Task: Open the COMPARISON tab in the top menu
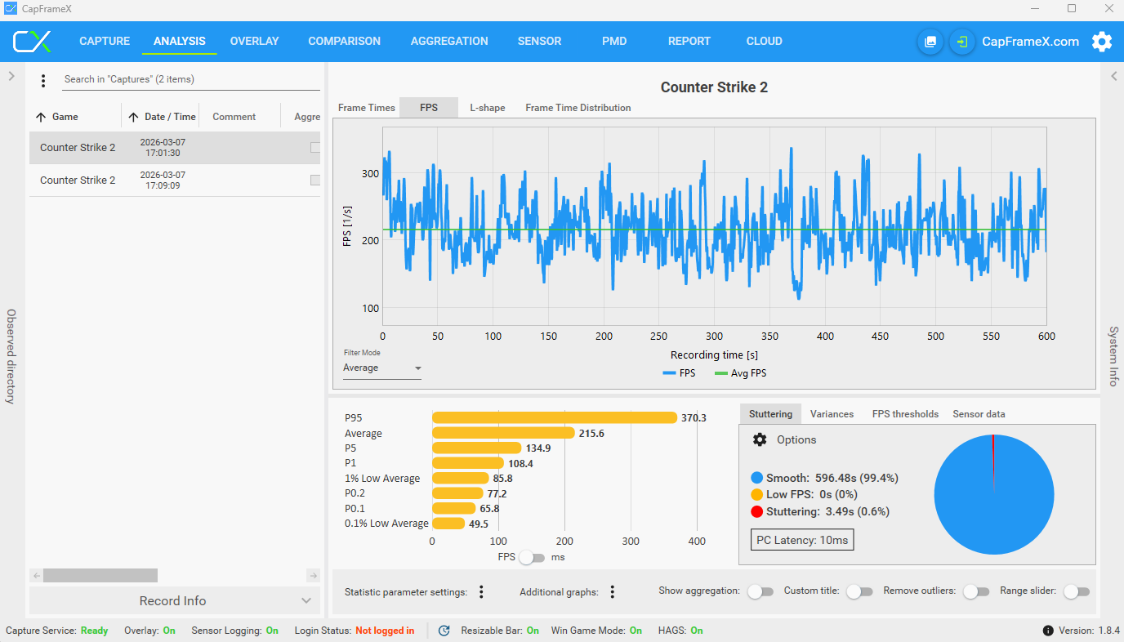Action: click(x=344, y=41)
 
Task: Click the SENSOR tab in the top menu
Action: click(x=539, y=41)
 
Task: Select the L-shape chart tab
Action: click(x=487, y=108)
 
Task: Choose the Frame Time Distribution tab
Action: click(x=578, y=108)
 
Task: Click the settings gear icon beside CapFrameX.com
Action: click(x=1102, y=42)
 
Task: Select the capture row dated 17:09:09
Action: click(x=175, y=180)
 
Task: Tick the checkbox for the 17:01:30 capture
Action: click(x=315, y=148)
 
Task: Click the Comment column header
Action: click(x=234, y=117)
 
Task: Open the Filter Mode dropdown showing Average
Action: click(x=381, y=368)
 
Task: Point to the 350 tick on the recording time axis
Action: click(x=769, y=336)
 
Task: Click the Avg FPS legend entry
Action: click(x=741, y=373)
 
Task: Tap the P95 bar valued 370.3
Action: click(x=555, y=417)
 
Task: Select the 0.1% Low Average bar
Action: click(x=448, y=524)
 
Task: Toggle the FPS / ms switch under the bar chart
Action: click(x=532, y=558)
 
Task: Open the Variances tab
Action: click(x=832, y=414)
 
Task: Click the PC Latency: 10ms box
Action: click(x=802, y=540)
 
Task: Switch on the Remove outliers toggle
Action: click(x=976, y=592)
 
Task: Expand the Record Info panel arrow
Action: click(x=306, y=601)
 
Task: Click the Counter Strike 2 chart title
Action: click(x=714, y=87)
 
